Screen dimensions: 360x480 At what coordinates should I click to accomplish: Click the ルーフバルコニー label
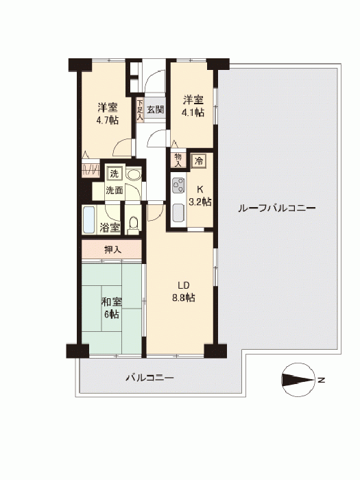[276, 208]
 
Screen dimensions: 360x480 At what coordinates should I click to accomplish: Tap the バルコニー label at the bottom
[150, 378]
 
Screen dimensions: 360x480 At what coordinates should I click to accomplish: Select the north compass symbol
[298, 380]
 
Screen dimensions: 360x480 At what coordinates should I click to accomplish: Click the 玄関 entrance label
[155, 109]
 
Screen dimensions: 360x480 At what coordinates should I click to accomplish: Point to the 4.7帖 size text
[108, 120]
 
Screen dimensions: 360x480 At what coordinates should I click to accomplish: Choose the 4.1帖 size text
[193, 112]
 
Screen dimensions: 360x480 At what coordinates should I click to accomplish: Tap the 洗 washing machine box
[115, 174]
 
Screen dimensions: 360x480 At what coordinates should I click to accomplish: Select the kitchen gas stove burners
[178, 185]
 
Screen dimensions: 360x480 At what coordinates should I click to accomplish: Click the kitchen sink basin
[178, 213]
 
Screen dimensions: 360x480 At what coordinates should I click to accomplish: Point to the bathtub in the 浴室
[89, 220]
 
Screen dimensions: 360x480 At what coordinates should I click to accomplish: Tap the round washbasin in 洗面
[134, 175]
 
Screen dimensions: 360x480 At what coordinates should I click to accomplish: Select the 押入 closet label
[112, 250]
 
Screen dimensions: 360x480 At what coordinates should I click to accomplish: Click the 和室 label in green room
[112, 302]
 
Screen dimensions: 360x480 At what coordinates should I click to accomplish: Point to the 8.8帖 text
[184, 298]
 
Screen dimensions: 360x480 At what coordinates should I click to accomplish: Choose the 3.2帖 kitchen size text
[200, 202]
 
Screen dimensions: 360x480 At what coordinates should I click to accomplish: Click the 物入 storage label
[178, 160]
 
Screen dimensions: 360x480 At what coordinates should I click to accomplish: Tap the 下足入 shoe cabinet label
[140, 109]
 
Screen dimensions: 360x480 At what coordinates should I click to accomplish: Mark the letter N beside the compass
[321, 380]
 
